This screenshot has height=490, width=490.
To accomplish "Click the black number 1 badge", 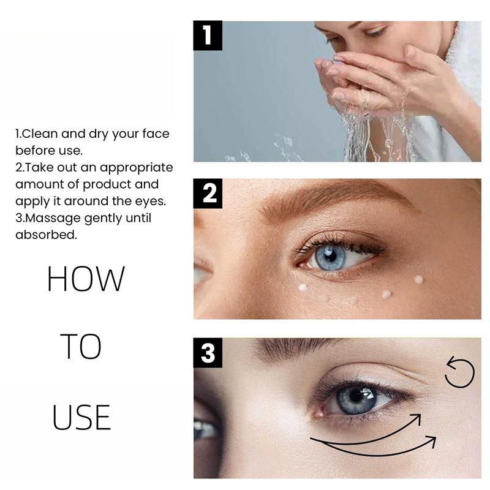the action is click(x=208, y=36).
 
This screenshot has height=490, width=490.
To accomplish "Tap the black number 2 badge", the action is click(x=208, y=194).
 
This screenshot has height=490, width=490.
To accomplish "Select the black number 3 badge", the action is click(x=208, y=353).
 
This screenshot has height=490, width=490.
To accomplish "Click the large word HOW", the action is click(x=86, y=279).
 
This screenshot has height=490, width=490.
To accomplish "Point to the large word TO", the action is click(x=81, y=346).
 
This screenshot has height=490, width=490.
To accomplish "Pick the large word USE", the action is click(x=81, y=417).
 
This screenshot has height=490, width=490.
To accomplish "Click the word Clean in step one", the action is click(x=40, y=134).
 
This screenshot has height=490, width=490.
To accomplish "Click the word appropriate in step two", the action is click(x=136, y=168).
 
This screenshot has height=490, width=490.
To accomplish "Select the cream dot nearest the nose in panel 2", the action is click(x=302, y=287).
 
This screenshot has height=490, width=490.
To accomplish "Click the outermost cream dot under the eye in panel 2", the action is click(x=418, y=280).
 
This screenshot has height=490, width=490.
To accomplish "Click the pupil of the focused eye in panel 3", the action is click(x=356, y=396).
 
